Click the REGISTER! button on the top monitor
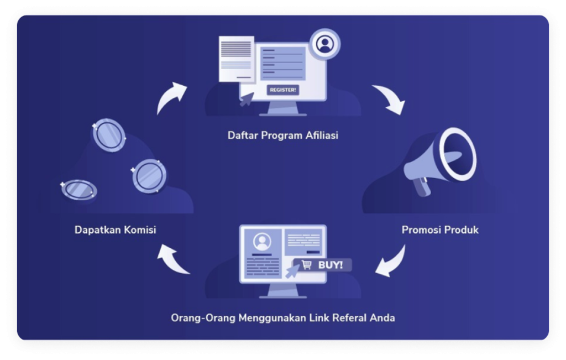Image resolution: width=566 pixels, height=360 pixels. click(x=282, y=90)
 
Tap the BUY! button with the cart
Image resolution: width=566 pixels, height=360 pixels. click(x=322, y=265)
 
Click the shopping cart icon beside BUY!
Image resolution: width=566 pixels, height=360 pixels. click(x=306, y=265)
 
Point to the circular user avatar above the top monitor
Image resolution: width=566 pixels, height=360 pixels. click(x=324, y=44)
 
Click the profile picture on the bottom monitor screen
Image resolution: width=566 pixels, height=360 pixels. click(x=261, y=241)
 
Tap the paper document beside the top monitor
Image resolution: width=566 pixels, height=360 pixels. click(x=236, y=58)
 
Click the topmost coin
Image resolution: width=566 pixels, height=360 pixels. click(x=109, y=135)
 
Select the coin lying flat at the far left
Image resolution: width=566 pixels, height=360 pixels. click(x=79, y=190)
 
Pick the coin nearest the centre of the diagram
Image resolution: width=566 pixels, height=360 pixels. click(x=149, y=176)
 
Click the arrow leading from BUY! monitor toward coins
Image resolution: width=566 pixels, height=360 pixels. click(x=173, y=259)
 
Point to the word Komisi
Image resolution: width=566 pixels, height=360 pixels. click(x=138, y=229)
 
